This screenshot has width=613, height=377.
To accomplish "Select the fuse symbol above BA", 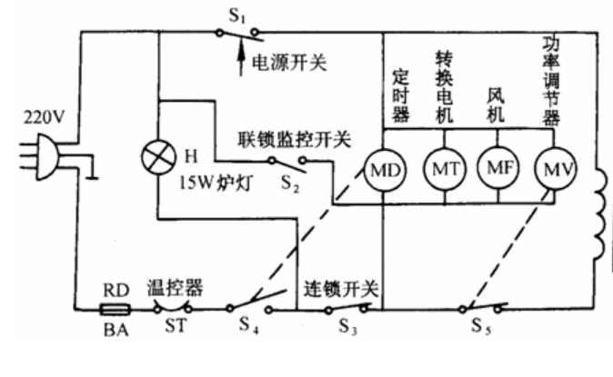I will click(x=112, y=310).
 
